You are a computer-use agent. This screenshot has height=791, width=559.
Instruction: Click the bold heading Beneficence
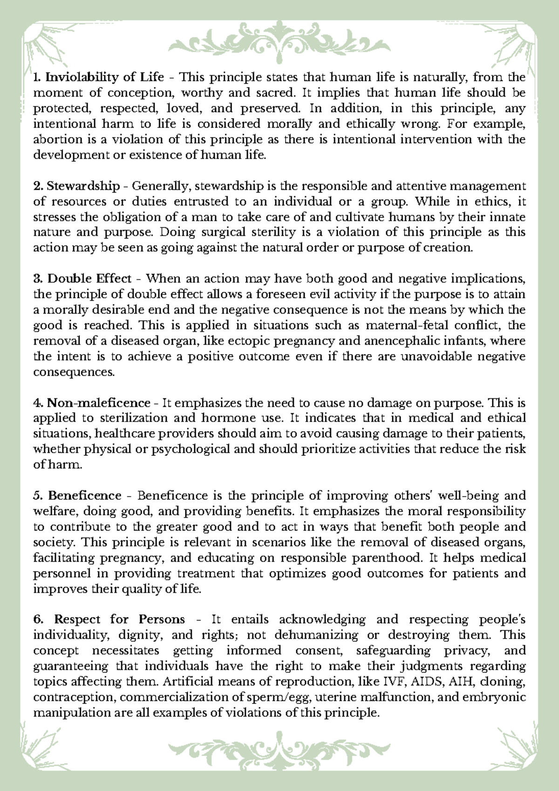[x=85, y=495]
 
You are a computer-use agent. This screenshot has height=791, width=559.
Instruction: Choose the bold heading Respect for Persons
[x=119, y=619]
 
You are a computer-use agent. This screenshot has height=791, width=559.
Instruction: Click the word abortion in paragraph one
[x=52, y=140]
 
